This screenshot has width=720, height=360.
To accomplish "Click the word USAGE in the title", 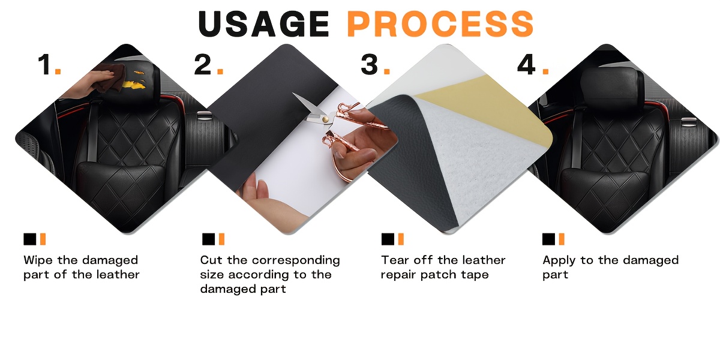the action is [x=263, y=24].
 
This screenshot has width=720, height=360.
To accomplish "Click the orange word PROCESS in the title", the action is [x=440, y=24].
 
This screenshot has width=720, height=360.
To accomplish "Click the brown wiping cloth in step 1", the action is [x=111, y=77].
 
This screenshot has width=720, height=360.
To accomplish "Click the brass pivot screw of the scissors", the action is [x=326, y=119].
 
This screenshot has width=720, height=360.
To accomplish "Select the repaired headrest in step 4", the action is [x=613, y=85].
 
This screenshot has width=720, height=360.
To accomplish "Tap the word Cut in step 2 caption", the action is [x=211, y=260].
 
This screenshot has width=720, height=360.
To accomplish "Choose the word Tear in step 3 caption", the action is [x=395, y=260].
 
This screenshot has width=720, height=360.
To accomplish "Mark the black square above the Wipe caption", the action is [x=30, y=239].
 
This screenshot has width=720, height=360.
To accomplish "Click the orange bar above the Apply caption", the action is [x=562, y=239].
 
